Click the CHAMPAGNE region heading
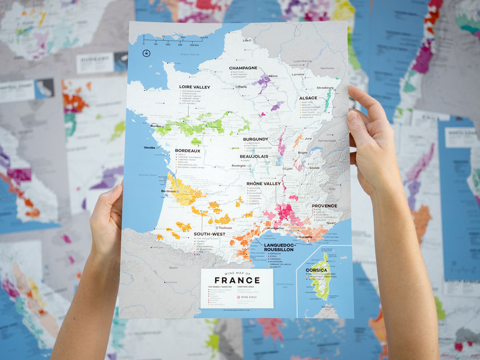(x=243, y=68)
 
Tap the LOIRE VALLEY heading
(x=195, y=87)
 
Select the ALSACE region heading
(x=308, y=98)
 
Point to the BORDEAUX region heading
(x=188, y=151)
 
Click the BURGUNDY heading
(x=256, y=139)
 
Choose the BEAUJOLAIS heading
(x=254, y=156)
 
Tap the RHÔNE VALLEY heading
(x=264, y=184)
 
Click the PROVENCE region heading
(x=324, y=206)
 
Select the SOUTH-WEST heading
(x=209, y=234)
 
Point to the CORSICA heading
(x=316, y=270)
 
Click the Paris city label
(x=242, y=87)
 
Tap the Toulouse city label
(x=225, y=228)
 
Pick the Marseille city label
(x=305, y=237)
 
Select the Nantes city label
(x=156, y=126)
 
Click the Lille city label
(x=246, y=40)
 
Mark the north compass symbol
(x=146, y=53)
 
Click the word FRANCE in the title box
(x=237, y=280)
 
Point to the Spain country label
(x=173, y=268)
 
